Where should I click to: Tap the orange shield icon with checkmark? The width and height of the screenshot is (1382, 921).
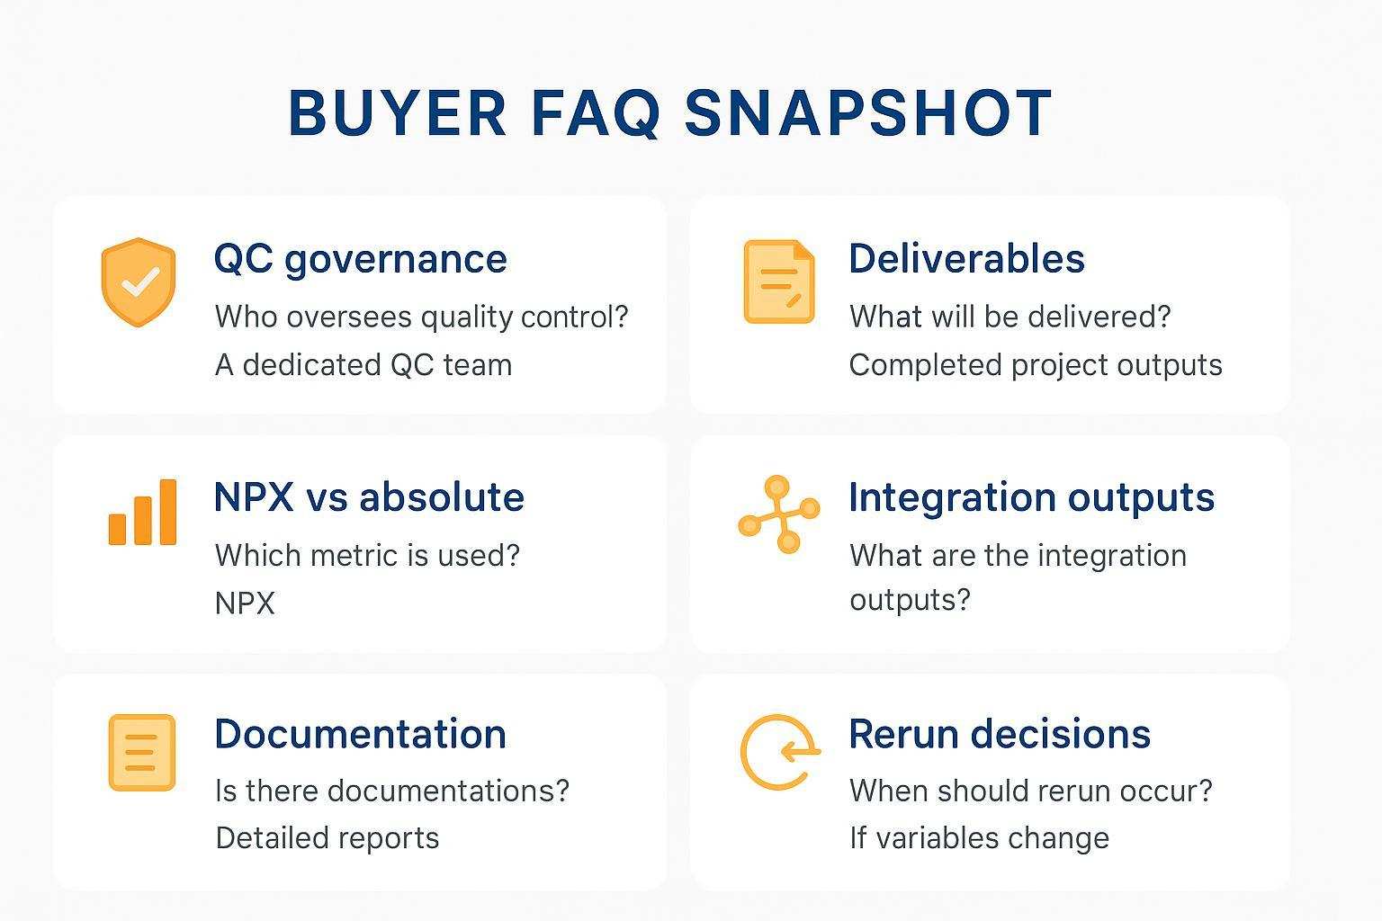(138, 282)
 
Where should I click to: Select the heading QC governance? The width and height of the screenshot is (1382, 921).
(360, 259)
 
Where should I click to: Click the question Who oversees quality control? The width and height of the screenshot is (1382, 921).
(421, 317)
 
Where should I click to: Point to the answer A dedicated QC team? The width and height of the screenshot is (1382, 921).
(363, 365)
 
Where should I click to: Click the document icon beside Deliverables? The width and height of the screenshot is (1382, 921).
(778, 282)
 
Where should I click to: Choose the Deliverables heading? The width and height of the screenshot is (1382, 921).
(966, 259)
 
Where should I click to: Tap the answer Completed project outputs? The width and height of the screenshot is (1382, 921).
(1036, 365)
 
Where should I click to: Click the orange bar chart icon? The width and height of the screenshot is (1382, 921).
(142, 513)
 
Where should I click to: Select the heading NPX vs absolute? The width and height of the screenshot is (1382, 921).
(369, 497)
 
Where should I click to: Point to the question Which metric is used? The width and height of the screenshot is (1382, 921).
(367, 555)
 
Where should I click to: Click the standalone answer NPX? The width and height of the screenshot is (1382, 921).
(245, 603)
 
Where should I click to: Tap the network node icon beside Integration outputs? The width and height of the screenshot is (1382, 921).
(779, 514)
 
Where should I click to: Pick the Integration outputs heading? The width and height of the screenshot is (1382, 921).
(1031, 497)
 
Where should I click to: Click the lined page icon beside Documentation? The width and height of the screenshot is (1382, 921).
(141, 753)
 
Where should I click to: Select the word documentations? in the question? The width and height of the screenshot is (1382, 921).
(448, 791)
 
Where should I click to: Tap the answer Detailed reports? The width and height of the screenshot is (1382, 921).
(328, 838)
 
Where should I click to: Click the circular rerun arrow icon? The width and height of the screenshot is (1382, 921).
(779, 752)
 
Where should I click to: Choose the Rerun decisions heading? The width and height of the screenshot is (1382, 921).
(1000, 734)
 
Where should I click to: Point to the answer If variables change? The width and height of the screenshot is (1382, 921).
(979, 838)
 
